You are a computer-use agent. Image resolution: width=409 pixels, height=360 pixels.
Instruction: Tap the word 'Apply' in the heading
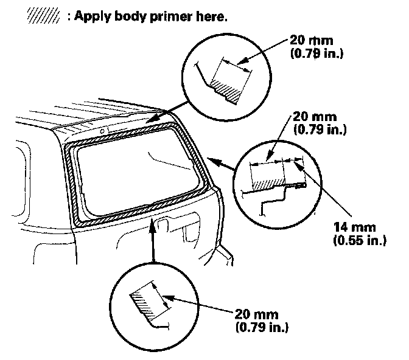(94, 17)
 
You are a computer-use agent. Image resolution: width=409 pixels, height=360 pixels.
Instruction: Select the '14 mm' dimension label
(351, 229)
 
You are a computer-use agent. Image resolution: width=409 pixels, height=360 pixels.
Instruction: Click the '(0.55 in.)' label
(359, 240)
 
